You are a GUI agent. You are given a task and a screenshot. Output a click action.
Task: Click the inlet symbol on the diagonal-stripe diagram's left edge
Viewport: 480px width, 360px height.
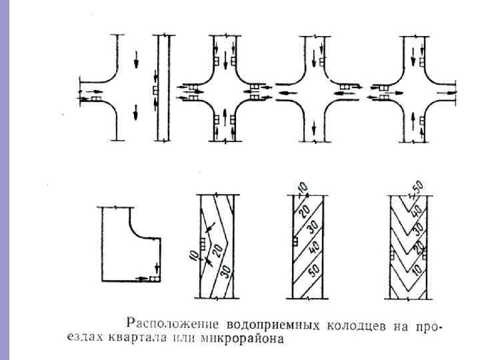click(x=294, y=242)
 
